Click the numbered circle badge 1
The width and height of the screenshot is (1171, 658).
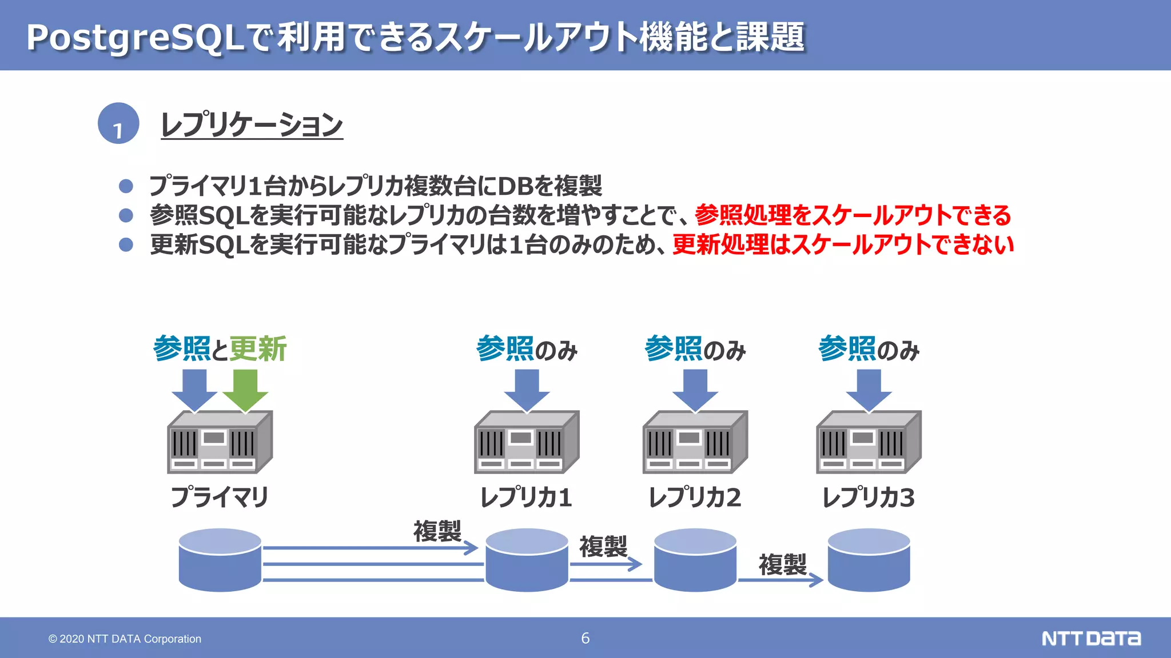coord(118,123)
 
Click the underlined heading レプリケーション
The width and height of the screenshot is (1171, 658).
coord(252,125)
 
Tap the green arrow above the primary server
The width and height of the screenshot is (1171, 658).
coord(245,390)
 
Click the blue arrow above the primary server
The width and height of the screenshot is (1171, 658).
coord(194,390)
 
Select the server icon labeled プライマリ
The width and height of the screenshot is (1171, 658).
coord(220,442)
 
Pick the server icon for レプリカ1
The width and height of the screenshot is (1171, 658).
coord(527,442)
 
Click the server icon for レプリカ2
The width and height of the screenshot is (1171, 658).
coord(695,442)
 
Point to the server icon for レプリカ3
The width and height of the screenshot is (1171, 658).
coord(869,442)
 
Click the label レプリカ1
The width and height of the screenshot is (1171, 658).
coord(526,497)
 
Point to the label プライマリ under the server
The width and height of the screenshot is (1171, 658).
coord(220,497)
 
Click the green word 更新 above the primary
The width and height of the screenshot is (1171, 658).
coord(258,349)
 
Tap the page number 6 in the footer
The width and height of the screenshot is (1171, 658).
coord(585,638)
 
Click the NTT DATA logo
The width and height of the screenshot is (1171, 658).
coord(1091,638)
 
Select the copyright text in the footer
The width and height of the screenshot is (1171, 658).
coord(125,639)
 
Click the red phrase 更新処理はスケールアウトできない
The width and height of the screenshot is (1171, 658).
coord(843,244)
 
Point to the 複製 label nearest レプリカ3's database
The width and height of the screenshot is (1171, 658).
coord(782,564)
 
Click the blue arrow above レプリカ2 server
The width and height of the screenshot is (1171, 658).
coord(695,390)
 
